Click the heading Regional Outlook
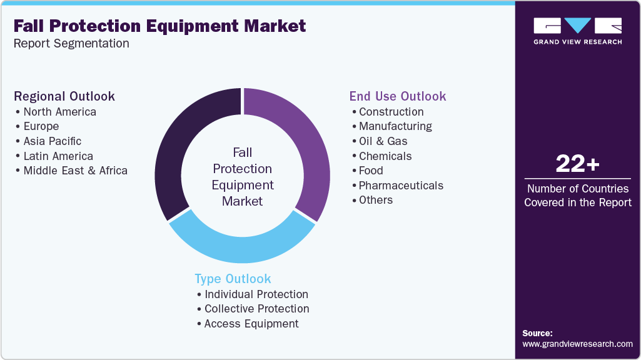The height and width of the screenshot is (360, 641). (64, 96)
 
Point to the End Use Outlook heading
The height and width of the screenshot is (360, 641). (398, 96)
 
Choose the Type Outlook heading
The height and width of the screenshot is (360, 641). (233, 279)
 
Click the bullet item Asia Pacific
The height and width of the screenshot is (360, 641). (53, 141)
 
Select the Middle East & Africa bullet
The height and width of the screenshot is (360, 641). (75, 171)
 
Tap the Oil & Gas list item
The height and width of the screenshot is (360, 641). (383, 141)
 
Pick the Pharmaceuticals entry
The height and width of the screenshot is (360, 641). (401, 186)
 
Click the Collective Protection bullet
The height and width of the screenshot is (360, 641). (256, 309)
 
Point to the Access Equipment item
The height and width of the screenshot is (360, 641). (251, 324)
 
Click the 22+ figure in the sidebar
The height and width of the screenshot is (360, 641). (577, 164)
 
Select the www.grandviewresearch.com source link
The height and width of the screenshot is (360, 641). (577, 344)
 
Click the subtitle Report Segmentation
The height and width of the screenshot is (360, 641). (71, 44)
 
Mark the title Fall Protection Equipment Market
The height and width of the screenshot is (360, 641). (159, 26)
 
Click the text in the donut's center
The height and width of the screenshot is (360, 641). (243, 177)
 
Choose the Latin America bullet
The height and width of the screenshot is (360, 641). (58, 156)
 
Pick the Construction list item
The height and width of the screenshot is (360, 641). (391, 112)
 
